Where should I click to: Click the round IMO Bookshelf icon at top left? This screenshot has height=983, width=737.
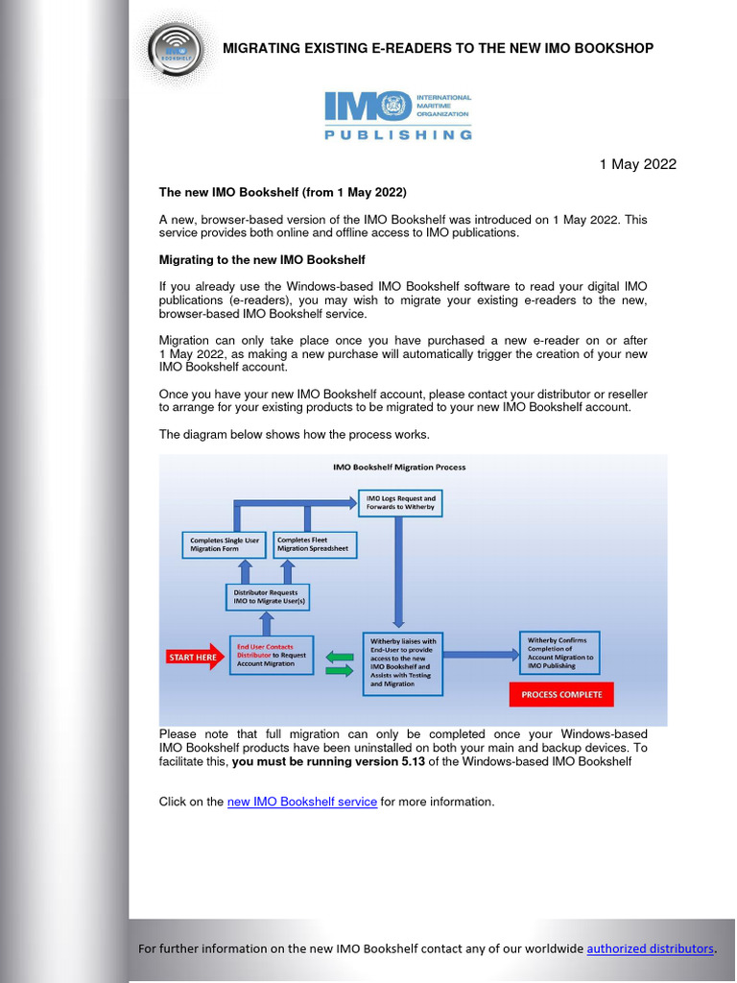pos(176,48)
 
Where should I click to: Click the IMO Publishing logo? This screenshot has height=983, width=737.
pos(397,116)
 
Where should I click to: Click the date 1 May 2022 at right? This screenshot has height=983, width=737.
pos(637,164)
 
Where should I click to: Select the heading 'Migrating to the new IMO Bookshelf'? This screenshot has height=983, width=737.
pos(262,260)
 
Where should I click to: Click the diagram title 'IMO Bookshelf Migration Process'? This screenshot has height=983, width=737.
pos(399,468)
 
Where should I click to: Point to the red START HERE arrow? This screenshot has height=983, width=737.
pos(195,658)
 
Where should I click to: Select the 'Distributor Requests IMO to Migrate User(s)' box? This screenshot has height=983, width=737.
pos(268,597)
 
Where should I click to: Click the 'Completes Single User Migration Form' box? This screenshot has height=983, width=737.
pos(224,545)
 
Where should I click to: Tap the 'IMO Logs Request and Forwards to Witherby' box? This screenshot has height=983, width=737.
pos(400,503)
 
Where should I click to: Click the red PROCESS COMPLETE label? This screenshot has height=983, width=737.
pos(560,694)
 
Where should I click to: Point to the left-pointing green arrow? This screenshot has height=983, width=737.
pos(340,657)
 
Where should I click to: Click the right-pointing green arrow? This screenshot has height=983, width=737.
pos(340,672)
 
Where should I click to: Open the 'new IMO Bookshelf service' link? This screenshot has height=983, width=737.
pos(301,802)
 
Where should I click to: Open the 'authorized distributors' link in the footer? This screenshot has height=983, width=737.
pos(650,948)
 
